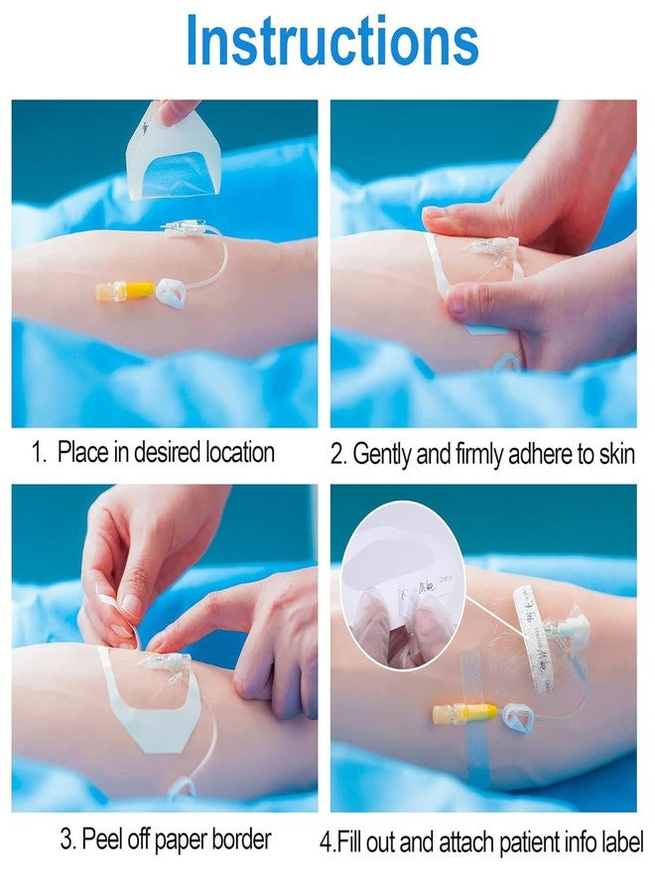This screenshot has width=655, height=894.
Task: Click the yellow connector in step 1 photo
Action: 126,290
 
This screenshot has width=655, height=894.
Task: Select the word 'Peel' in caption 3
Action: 103,839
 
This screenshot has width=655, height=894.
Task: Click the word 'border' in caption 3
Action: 238,839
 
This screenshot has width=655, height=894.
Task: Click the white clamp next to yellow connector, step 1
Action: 171,293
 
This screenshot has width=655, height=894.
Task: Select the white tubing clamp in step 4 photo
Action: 517,714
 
